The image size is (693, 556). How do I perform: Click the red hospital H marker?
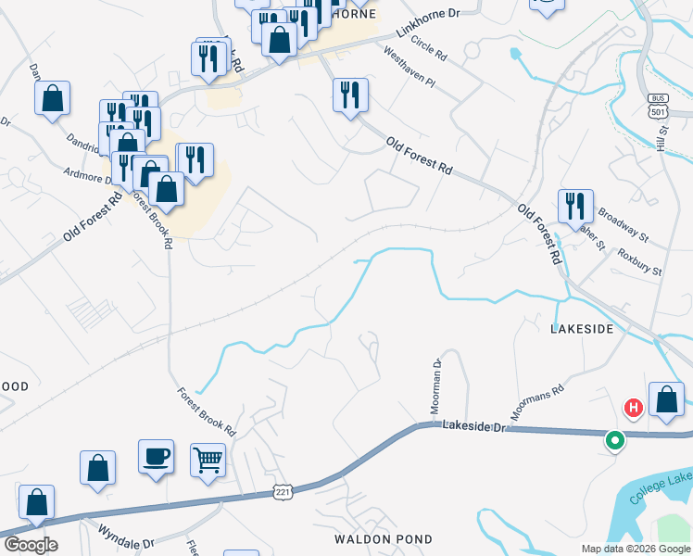point(634,407)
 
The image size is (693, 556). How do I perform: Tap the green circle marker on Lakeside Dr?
point(613,441)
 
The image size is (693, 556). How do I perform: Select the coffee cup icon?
point(156,456)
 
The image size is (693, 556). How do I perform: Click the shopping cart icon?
point(208,460)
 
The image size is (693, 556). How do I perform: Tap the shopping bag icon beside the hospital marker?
point(666,399)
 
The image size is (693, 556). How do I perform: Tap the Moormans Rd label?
point(536,403)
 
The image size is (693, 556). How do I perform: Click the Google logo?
point(31,545)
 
